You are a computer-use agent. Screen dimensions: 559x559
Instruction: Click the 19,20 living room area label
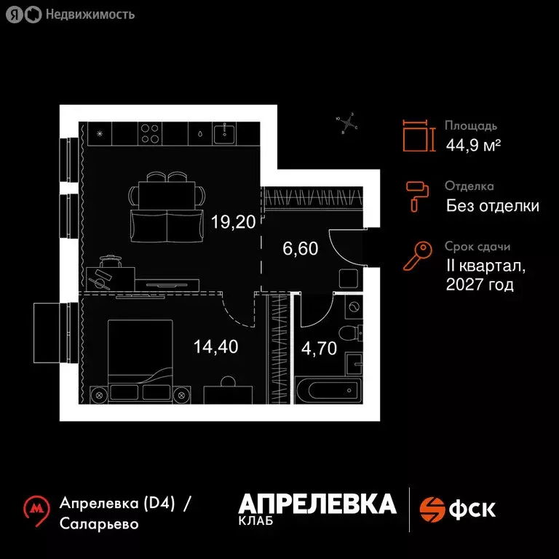click(233, 222)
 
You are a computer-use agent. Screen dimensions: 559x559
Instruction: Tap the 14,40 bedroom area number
click(215, 346)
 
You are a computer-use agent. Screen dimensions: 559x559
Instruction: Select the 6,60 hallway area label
click(300, 249)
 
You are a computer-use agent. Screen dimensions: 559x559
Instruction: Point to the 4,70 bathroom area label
click(318, 348)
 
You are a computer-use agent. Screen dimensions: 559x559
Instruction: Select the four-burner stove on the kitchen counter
click(150, 133)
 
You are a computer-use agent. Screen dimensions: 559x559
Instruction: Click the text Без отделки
click(492, 206)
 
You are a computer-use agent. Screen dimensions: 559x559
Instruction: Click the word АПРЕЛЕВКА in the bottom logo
click(317, 503)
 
